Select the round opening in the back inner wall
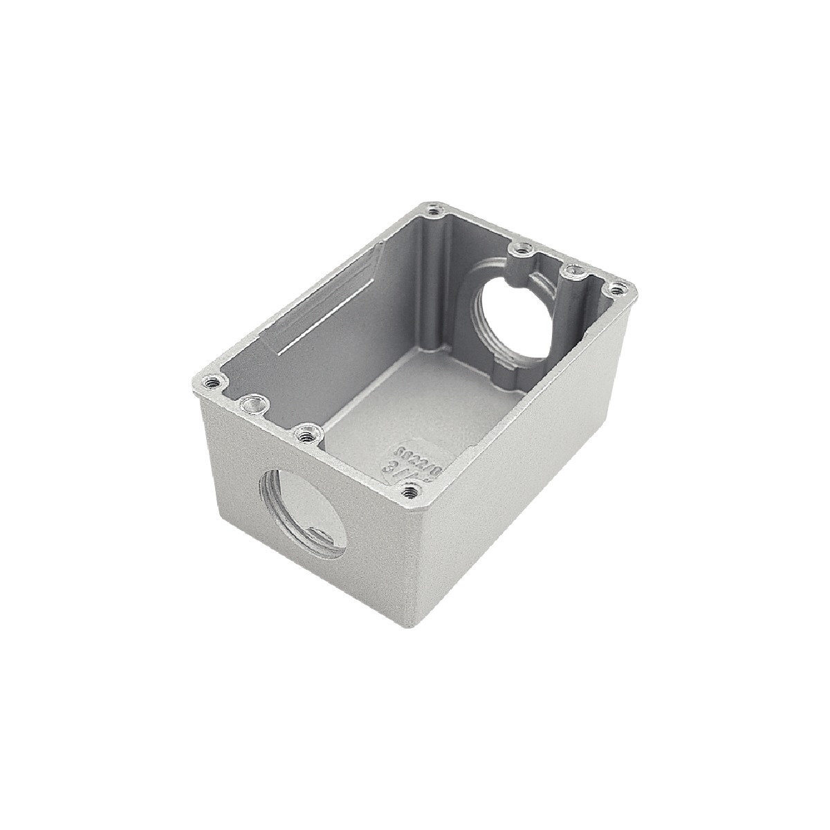(515, 318)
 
